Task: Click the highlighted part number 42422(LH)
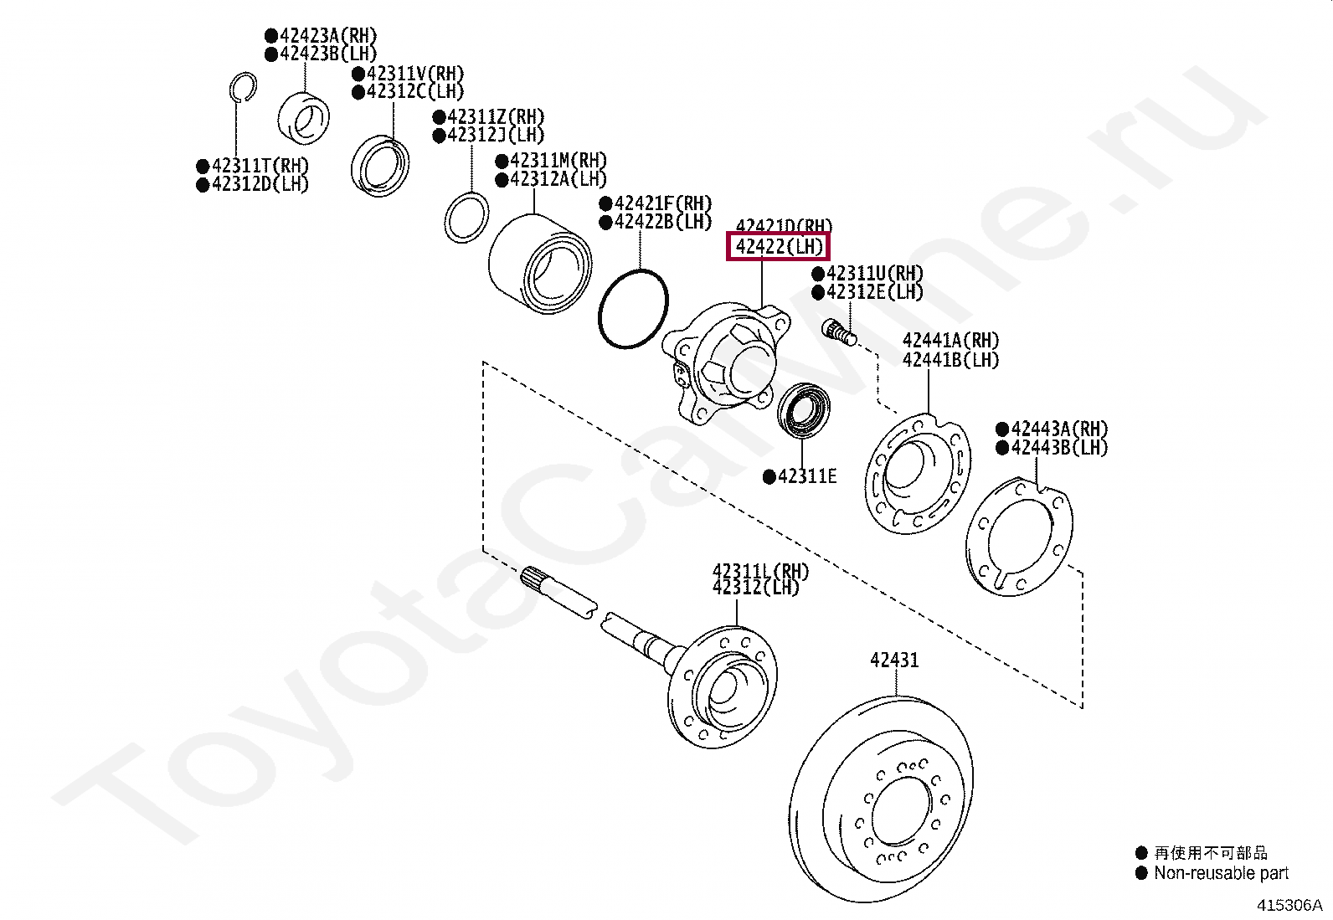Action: click(777, 247)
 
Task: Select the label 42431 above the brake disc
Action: click(894, 660)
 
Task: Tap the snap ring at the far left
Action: click(241, 87)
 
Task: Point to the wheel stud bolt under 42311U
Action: click(839, 332)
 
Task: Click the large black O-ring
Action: click(634, 309)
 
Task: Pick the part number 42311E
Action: click(806, 477)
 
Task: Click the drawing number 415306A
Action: click(1289, 905)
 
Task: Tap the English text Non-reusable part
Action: click(1221, 873)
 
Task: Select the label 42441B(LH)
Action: click(950, 360)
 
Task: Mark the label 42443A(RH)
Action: click(1058, 429)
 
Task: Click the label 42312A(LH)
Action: click(558, 179)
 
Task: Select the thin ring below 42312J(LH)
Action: click(466, 218)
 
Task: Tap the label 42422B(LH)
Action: click(662, 222)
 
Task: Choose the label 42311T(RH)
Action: click(260, 166)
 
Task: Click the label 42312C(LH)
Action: click(414, 91)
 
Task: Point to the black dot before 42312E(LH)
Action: click(818, 292)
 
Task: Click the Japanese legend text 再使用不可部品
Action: click(1210, 853)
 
